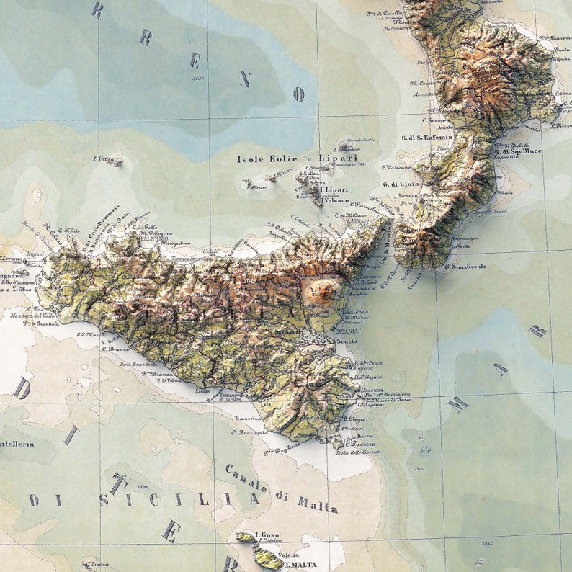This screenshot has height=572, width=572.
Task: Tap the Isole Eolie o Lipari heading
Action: [x=297, y=158]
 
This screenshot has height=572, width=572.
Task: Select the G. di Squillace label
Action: [x=518, y=152]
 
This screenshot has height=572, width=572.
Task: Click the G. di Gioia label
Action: [x=401, y=184]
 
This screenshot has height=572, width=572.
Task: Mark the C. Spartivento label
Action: [x=465, y=267]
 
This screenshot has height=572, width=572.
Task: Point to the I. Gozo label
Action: [x=266, y=535]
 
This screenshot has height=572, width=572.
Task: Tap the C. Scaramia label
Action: [x=249, y=432]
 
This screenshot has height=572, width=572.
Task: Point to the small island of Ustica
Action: [x=115, y=163]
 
